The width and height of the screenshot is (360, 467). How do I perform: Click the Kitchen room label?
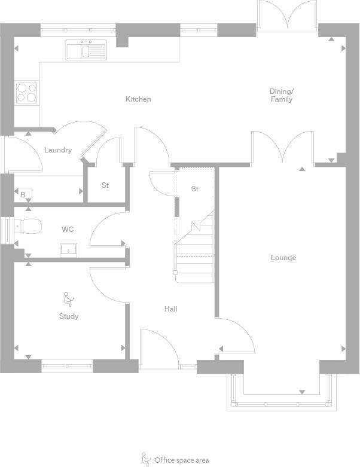(x=138, y=99)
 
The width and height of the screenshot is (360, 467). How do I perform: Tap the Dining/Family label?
(x=281, y=95)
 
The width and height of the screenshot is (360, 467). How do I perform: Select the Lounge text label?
(x=283, y=258)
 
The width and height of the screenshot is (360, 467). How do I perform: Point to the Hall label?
(x=171, y=309)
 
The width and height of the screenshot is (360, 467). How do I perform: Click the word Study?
(x=69, y=316)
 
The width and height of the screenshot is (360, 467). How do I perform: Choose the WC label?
(x=68, y=230)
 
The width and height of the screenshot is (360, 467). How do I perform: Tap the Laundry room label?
(x=58, y=150)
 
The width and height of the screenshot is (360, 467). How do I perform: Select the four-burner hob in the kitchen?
(x=26, y=93)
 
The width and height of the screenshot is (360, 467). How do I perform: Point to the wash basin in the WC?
(x=68, y=249)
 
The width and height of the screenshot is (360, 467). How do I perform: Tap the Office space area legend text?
(x=182, y=460)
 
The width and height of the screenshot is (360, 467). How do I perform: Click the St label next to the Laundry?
(x=105, y=185)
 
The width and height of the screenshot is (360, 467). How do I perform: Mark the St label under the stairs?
(x=194, y=189)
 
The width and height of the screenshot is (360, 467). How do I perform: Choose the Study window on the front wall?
(x=67, y=365)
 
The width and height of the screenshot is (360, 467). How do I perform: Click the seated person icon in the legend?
(x=146, y=459)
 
